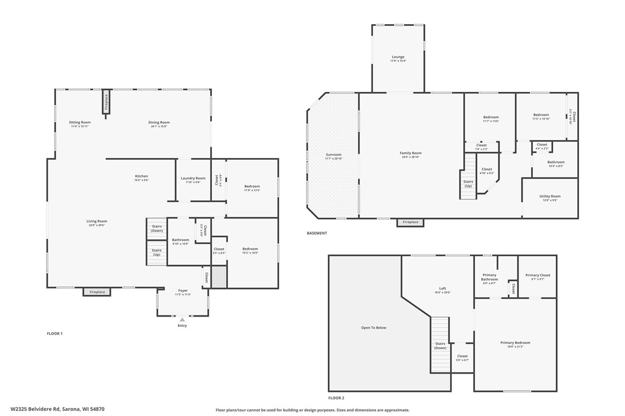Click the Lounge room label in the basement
click(398, 57)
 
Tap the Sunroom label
click(334, 155)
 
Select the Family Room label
click(411, 153)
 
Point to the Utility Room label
click(550, 197)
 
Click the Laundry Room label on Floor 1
click(193, 178)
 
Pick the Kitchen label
click(142, 176)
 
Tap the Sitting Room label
click(80, 122)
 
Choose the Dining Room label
click(159, 122)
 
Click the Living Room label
click(97, 221)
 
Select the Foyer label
click(183, 291)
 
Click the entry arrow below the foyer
click(182, 319)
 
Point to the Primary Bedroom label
click(515, 343)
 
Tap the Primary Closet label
click(538, 275)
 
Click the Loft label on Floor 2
click(443, 288)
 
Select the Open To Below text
click(374, 328)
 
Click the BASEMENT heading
click(317, 233)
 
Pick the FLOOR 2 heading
click(336, 398)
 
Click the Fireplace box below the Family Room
click(410, 222)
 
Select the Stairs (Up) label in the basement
click(468, 184)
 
